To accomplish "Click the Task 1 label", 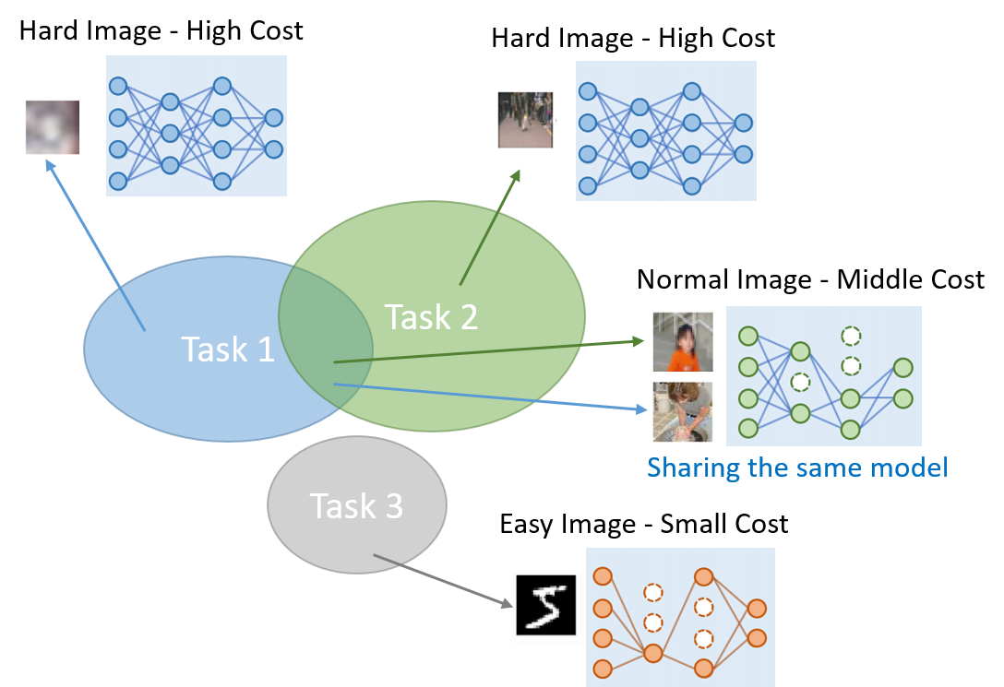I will tap(227, 349).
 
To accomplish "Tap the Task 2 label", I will tap(431, 317).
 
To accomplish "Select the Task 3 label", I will tap(355, 506).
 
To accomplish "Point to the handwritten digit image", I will tap(544, 606).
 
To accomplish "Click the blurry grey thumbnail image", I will tap(44, 118).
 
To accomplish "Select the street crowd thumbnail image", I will tap(515, 113).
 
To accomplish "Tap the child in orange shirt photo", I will tap(684, 341).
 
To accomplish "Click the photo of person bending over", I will tap(684, 411).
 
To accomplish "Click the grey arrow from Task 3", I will tap(443, 581).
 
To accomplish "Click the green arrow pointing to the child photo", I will tap(489, 351).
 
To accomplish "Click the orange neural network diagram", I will tap(680, 616).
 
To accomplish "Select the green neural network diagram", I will tap(824, 376).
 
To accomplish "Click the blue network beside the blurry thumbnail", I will tap(196, 125).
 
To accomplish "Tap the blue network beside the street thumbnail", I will tap(665, 130).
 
